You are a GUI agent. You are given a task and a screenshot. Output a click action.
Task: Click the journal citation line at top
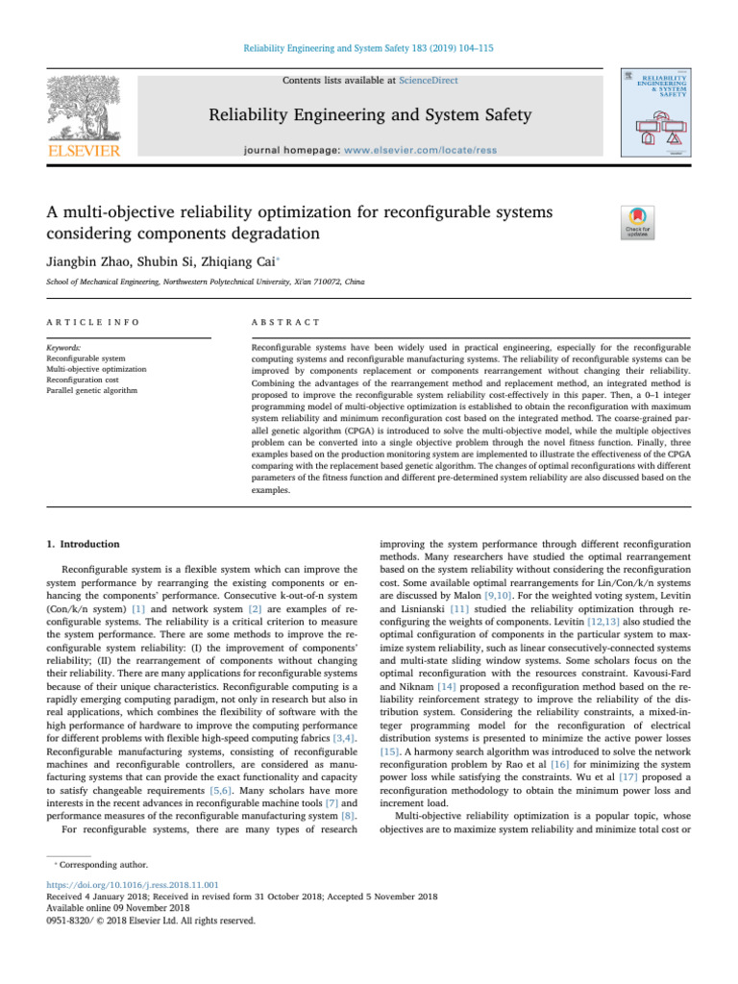368,50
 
